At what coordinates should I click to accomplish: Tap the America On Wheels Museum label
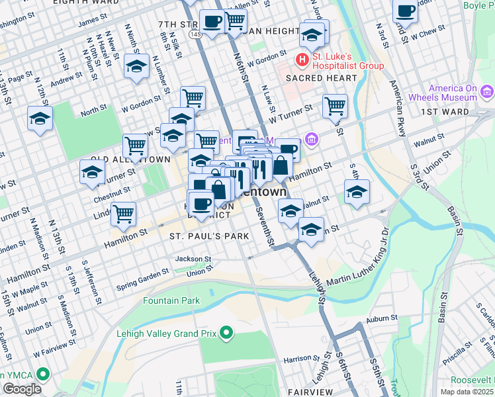453,93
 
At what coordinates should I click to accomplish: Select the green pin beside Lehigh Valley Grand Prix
226,331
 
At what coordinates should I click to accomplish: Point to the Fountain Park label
171,300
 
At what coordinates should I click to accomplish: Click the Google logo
22,389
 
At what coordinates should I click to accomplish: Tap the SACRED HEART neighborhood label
321,78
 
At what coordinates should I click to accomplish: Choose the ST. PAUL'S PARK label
209,236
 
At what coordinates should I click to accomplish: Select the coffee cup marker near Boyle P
404,11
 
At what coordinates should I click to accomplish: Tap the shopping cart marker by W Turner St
335,105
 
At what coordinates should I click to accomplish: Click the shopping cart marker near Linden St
123,213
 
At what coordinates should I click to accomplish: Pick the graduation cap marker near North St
40,118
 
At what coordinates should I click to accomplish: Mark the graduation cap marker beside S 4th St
357,191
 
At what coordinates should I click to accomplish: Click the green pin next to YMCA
44,375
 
